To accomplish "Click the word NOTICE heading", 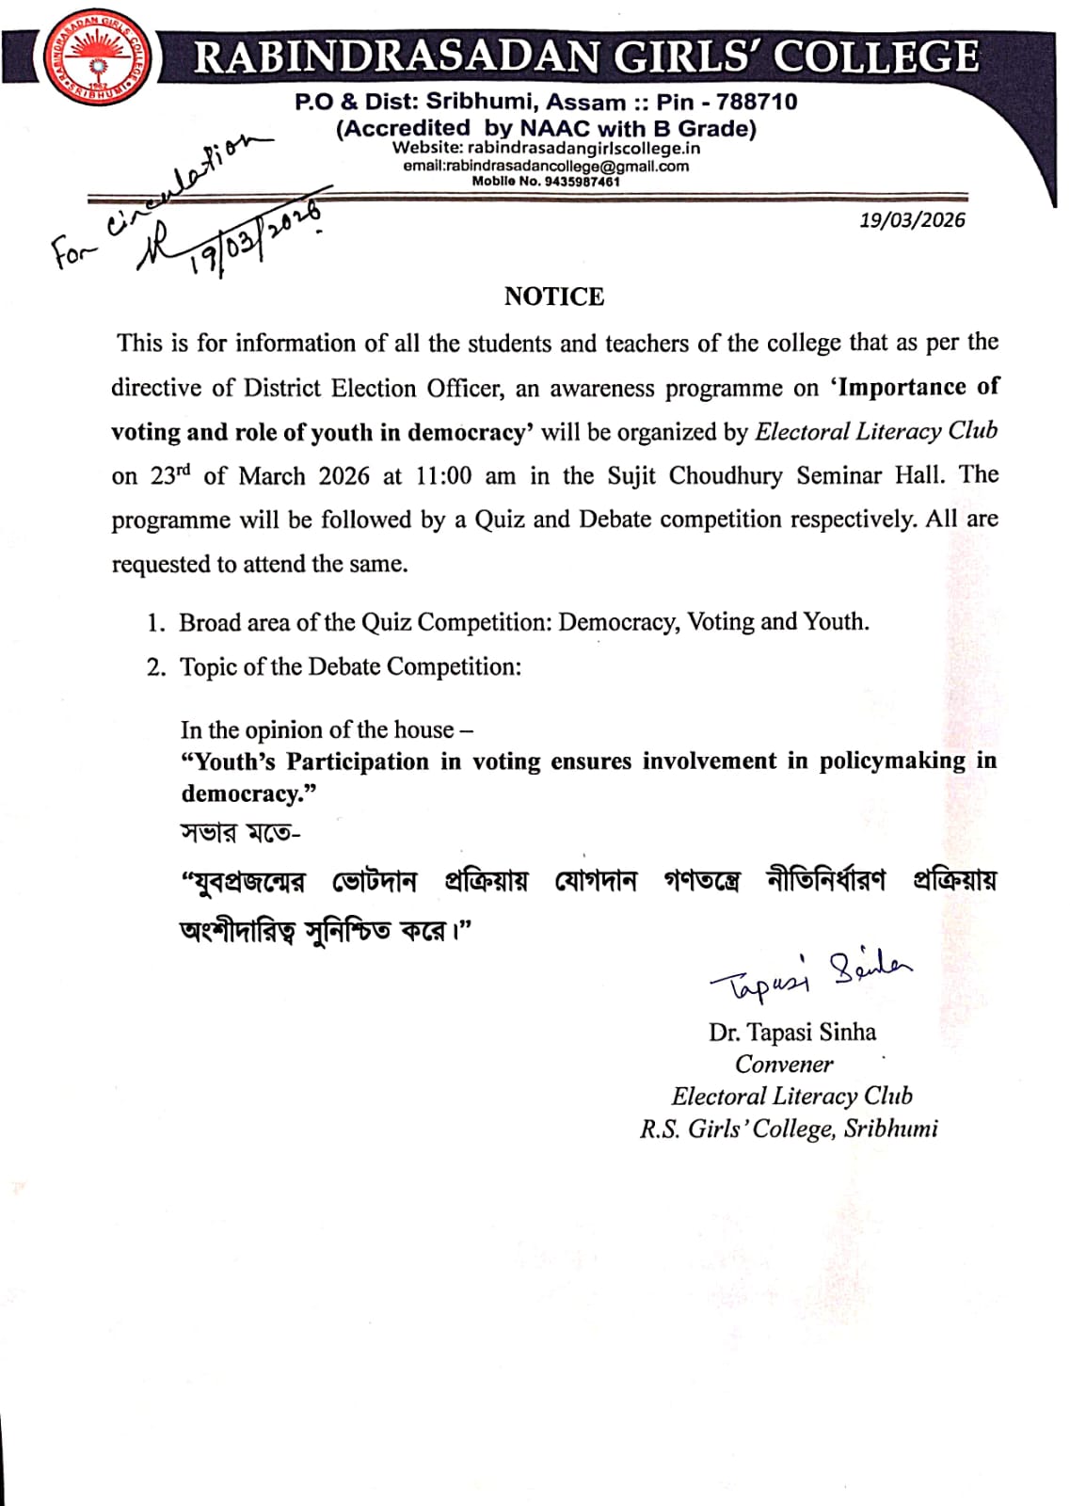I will [x=553, y=296].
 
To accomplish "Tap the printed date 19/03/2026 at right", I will [x=912, y=220].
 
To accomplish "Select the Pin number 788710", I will [x=757, y=102].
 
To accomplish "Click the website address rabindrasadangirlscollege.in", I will [x=583, y=149].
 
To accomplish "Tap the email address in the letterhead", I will [x=546, y=166].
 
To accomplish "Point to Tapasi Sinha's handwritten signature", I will [x=809, y=975].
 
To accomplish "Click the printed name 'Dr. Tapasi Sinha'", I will [x=791, y=1033].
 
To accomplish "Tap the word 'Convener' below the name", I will [x=784, y=1065].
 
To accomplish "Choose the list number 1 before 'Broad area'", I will [x=156, y=623].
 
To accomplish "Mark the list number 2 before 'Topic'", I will [x=156, y=667].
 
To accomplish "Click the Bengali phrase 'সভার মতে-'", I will [x=239, y=833].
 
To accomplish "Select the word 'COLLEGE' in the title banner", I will [x=876, y=56].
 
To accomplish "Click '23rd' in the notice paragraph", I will [x=169, y=475].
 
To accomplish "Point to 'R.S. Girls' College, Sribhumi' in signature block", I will [x=789, y=1129].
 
